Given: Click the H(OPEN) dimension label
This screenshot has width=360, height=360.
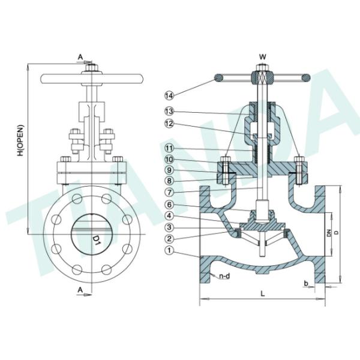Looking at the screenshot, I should [x=20, y=141].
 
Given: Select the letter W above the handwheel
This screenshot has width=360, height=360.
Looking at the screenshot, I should [x=262, y=57].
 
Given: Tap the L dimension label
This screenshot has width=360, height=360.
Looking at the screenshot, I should [x=263, y=293].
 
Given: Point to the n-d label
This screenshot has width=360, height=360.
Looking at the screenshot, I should [x=224, y=277].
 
